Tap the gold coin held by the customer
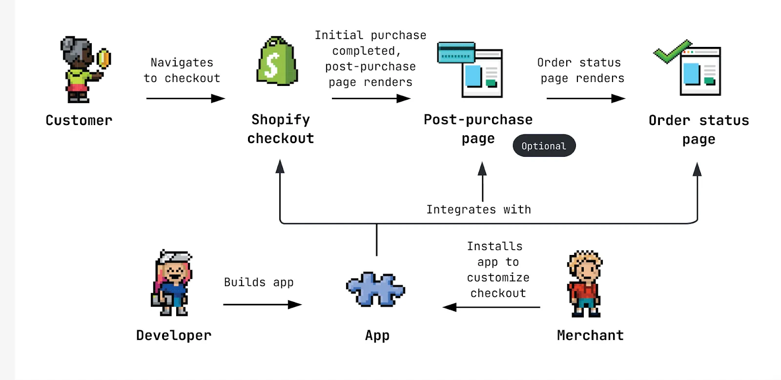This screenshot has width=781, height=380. (103, 58)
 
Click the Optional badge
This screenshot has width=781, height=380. (544, 146)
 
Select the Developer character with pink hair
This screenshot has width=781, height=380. (172, 283)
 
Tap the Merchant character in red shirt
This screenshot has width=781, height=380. (584, 284)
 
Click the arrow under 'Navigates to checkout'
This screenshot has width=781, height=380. (185, 99)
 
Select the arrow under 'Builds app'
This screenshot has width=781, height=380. (262, 305)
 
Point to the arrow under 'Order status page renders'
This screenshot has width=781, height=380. (585, 99)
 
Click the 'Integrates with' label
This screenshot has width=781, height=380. (478, 210)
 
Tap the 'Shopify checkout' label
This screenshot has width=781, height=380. (281, 129)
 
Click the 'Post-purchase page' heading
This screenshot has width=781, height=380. (478, 128)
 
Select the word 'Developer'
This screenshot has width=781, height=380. (174, 336)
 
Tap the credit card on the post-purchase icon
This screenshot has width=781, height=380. (456, 53)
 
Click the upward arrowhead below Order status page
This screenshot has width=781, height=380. (697, 169)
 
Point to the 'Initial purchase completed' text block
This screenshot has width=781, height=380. (370, 59)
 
